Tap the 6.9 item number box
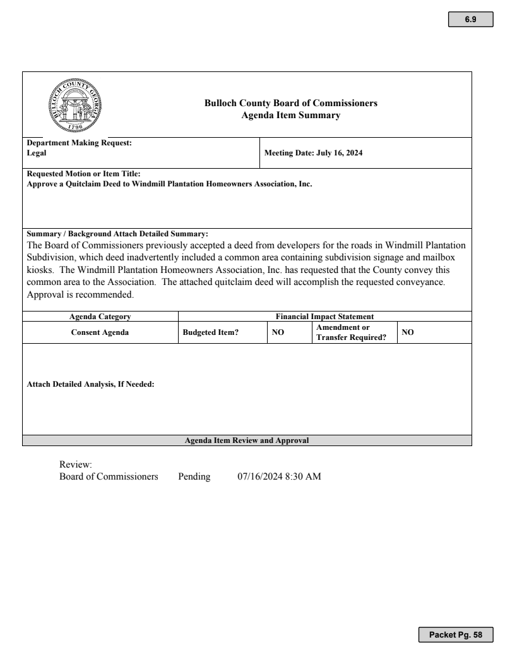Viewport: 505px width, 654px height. click(x=470, y=20)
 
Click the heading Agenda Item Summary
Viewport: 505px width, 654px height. click(x=291, y=115)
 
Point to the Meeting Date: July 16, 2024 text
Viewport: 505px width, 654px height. click(x=313, y=153)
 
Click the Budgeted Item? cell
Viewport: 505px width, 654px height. click(x=210, y=332)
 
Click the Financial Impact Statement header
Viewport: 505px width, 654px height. click(x=325, y=317)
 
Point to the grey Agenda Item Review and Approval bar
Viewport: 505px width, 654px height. click(x=247, y=440)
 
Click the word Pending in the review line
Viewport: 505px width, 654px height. click(x=194, y=476)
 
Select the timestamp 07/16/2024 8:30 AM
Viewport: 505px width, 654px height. click(x=279, y=476)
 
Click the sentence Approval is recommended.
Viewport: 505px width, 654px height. click(x=80, y=294)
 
